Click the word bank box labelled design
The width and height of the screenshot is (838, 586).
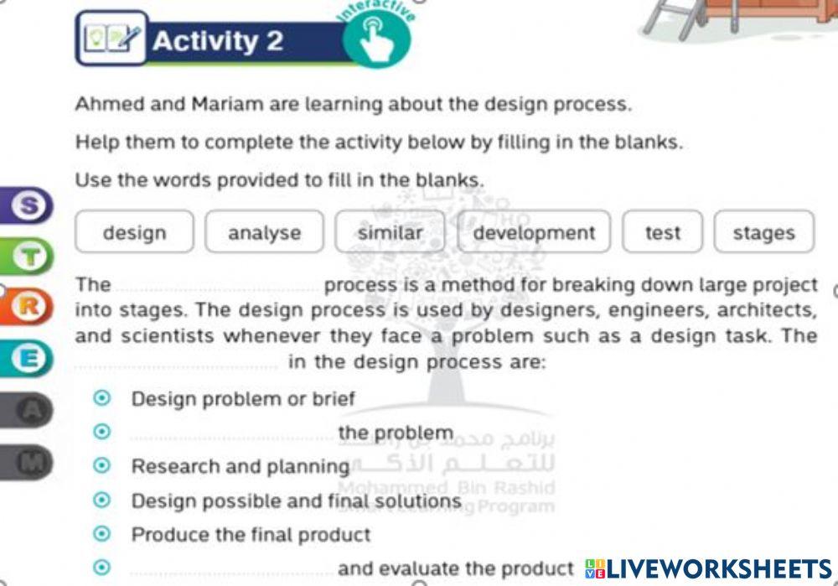pyautogui.click(x=134, y=232)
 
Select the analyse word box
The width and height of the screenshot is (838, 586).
pyautogui.click(x=264, y=232)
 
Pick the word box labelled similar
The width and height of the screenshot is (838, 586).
pyautogui.click(x=391, y=232)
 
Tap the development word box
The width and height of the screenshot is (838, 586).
pyautogui.click(x=535, y=232)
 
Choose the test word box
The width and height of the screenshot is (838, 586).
pyautogui.click(x=662, y=232)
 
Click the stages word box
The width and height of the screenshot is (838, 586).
pyautogui.click(x=763, y=232)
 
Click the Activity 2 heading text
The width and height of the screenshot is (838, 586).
pyautogui.click(x=218, y=40)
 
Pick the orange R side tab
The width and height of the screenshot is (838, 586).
pyautogui.click(x=28, y=307)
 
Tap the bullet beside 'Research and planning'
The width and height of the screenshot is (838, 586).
pyautogui.click(x=102, y=465)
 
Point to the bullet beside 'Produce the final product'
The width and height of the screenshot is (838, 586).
pyautogui.click(x=102, y=534)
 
